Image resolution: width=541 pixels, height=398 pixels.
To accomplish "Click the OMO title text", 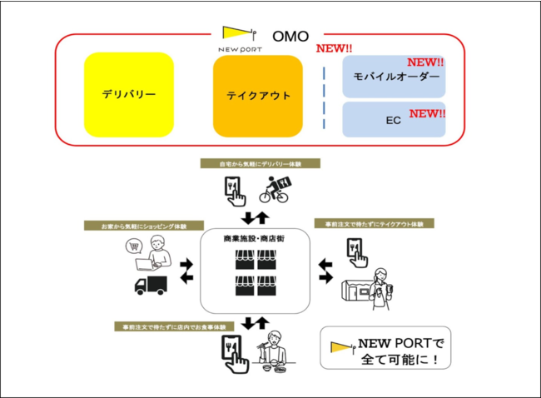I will (x=290, y=36).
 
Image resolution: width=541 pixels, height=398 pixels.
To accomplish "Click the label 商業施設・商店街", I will (x=256, y=239).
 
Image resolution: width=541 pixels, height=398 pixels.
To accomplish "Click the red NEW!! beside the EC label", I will (x=428, y=113).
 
